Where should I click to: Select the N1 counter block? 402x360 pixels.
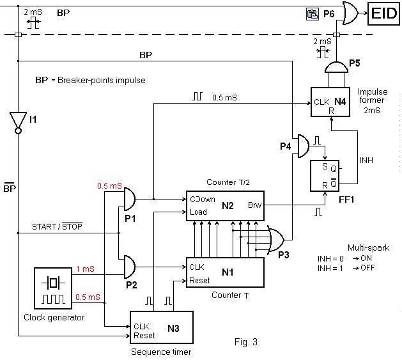(x=224, y=272)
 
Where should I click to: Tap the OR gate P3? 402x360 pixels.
(x=277, y=240)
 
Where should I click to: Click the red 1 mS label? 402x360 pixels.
(x=85, y=270)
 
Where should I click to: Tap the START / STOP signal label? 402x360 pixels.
(x=57, y=226)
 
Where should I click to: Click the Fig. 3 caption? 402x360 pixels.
(x=245, y=341)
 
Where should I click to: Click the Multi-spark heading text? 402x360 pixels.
(x=364, y=247)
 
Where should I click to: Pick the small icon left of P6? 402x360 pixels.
(x=312, y=12)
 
